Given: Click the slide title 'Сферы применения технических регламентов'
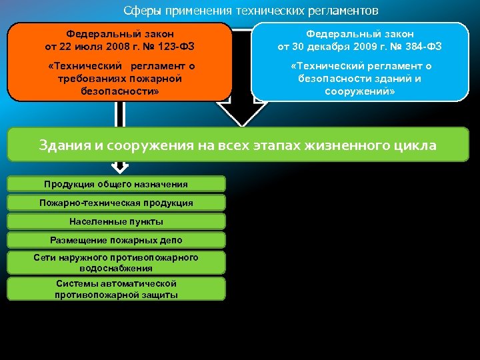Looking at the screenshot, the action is click(x=251, y=11).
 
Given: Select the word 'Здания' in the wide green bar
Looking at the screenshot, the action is click(x=62, y=145).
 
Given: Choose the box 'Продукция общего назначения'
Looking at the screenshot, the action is click(x=116, y=184).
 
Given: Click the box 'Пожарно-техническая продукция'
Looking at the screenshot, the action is click(x=116, y=203).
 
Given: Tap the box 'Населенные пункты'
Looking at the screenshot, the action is click(x=116, y=221).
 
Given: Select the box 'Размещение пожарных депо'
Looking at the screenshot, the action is click(x=116, y=240).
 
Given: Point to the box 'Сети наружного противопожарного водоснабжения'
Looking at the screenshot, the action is click(x=116, y=263).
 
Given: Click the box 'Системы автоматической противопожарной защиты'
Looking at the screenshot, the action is click(x=116, y=289).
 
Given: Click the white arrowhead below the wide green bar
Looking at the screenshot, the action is click(x=120, y=167).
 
